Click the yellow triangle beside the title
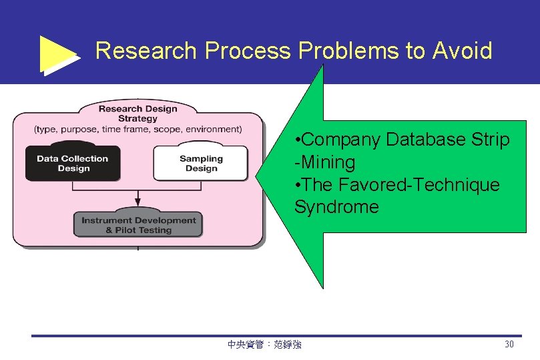pos(58,54)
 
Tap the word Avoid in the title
pos(462,51)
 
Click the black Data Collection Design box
pos(73,164)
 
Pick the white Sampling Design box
pos(201,164)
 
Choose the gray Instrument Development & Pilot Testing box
pos(138,225)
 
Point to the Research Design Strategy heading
pos(138,113)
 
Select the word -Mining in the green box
pos(325,162)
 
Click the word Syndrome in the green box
pos(336,207)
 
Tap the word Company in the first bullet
pos(343,140)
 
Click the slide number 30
pos(509,345)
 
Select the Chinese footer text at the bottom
pos(264,345)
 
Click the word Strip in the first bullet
pos(493,140)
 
